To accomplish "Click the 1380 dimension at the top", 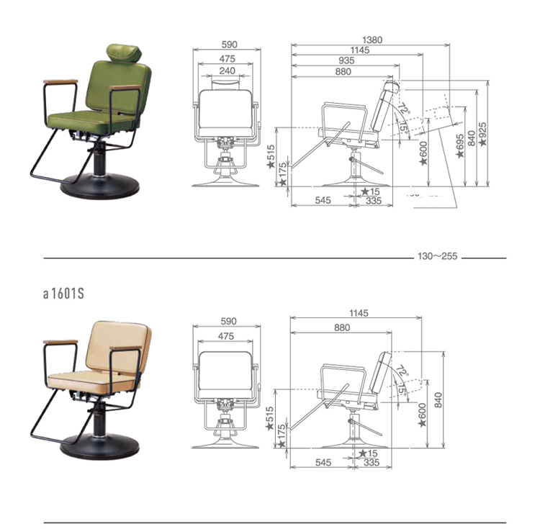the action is click(x=372, y=40).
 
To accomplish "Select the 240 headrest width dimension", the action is click(x=228, y=71).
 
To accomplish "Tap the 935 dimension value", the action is click(x=346, y=60).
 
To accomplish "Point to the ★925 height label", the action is click(x=483, y=134).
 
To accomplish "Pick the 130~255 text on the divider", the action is click(x=437, y=256).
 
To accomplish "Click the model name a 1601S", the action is click(x=63, y=294).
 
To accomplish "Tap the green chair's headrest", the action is click(x=125, y=53).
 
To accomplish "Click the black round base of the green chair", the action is click(x=100, y=186).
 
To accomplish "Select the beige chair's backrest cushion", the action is click(x=118, y=348).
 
